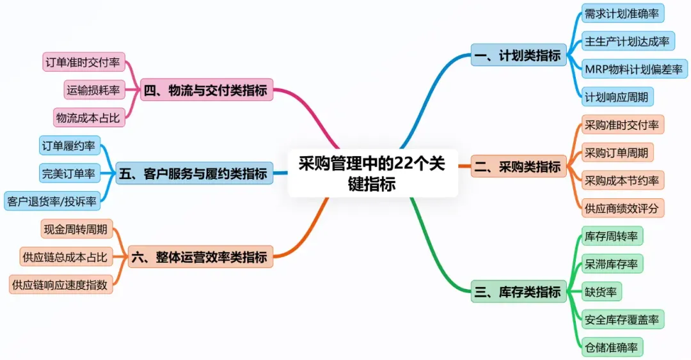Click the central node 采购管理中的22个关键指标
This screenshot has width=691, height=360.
click(x=372, y=173)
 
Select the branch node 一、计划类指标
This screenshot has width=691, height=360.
click(x=518, y=56)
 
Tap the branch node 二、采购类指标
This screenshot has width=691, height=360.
click(x=518, y=168)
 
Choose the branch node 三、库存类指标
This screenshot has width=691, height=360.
click(x=518, y=292)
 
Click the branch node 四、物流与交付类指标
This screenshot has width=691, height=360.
click(x=205, y=91)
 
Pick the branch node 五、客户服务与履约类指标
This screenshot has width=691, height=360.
click(x=193, y=173)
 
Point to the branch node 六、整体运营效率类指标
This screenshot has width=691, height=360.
click(x=199, y=258)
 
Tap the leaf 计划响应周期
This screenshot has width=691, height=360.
click(x=616, y=97)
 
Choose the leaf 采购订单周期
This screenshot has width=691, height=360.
click(x=616, y=153)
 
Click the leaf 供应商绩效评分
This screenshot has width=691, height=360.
click(x=621, y=208)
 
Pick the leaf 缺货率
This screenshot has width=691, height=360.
click(x=600, y=292)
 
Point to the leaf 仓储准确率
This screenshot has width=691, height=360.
click(x=611, y=348)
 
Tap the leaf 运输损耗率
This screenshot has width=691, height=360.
click(x=93, y=90)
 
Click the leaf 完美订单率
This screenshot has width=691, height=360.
click(x=68, y=173)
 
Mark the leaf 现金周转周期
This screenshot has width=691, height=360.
click(x=75, y=230)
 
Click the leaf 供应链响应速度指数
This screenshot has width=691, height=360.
click(x=61, y=285)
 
